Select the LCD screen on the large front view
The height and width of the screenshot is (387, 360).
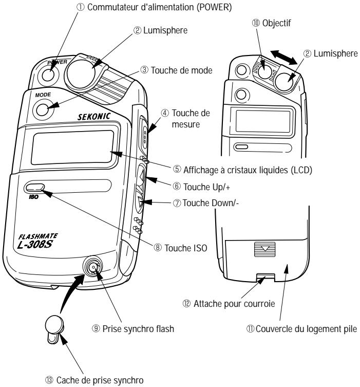[x=72, y=148]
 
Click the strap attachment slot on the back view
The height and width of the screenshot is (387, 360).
[x=265, y=278]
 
